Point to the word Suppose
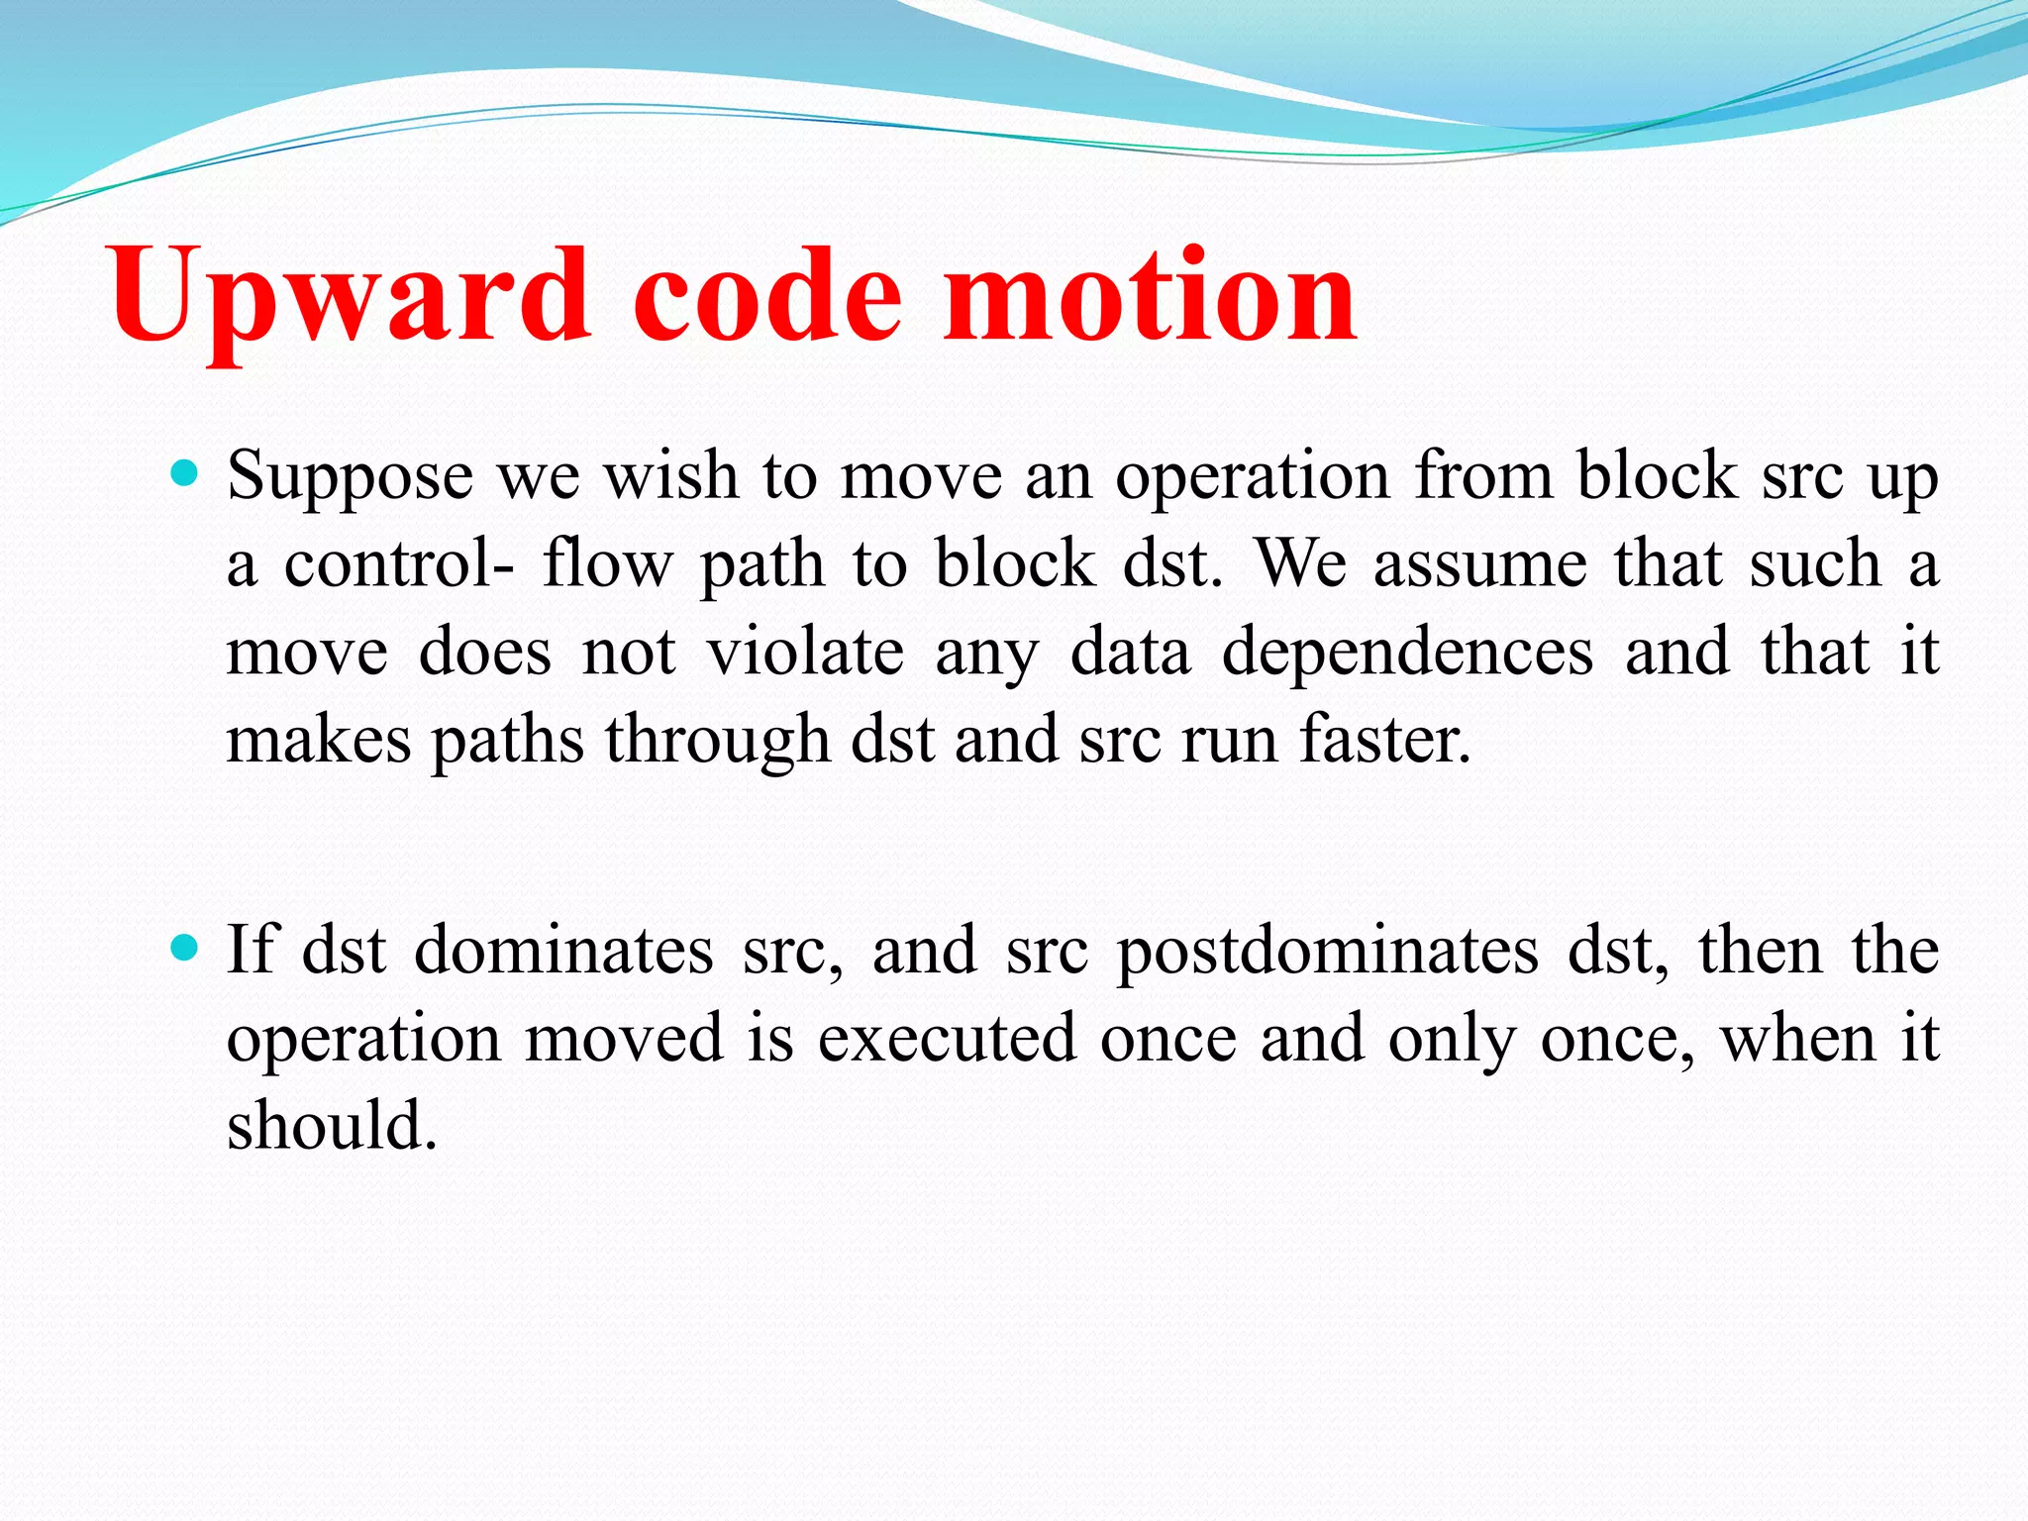351,477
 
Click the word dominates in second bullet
563,951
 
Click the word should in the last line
332,1126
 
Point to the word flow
606,564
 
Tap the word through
717,742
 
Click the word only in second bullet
1451,1041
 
